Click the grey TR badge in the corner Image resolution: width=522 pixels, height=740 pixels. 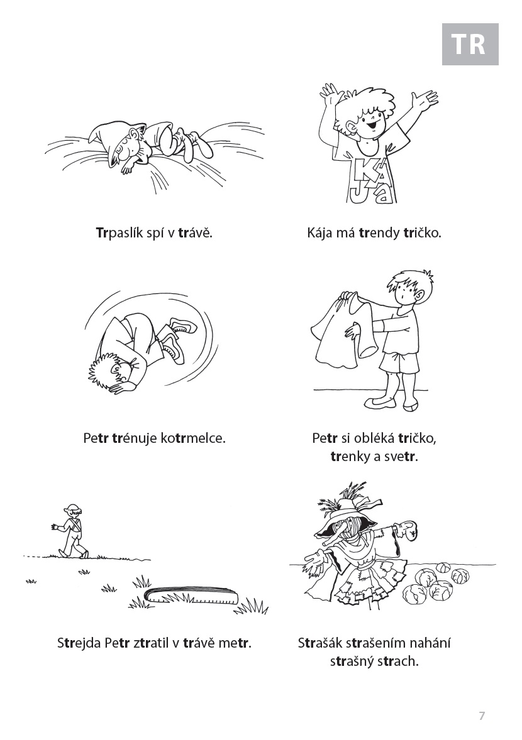click(x=470, y=45)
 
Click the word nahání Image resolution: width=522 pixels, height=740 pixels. click(x=430, y=643)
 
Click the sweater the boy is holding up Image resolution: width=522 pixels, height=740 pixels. click(x=343, y=331)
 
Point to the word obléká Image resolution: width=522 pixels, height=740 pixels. click(x=373, y=438)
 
